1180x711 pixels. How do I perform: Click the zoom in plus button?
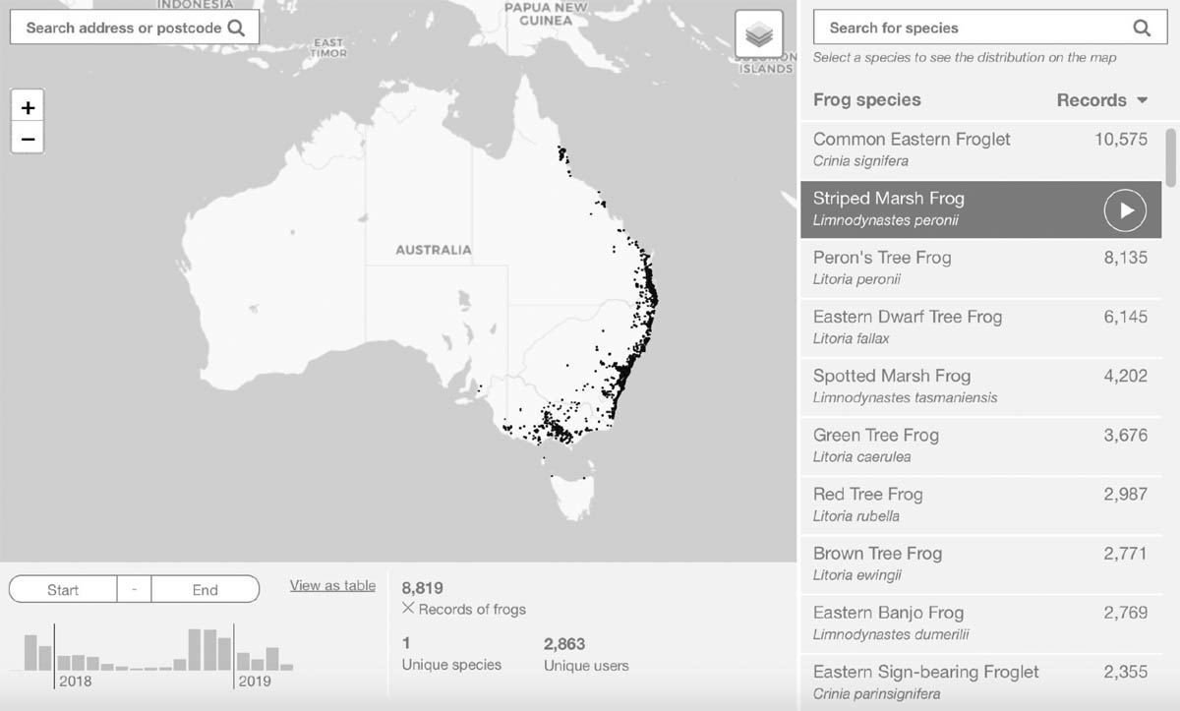pos(28,107)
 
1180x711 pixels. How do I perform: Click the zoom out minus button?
pos(28,139)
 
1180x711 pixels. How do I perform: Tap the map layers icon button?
pos(758,35)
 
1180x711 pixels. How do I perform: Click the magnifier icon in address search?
pos(236,28)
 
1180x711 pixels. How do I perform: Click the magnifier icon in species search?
pos(1142,28)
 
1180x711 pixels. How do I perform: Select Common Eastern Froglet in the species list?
pos(912,140)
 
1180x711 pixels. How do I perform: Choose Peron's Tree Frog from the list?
pos(882,258)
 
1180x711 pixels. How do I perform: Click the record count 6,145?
pos(1125,317)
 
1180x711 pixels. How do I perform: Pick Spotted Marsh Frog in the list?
pos(892,376)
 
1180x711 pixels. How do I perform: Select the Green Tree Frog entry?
pos(875,435)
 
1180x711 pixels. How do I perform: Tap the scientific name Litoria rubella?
pos(855,516)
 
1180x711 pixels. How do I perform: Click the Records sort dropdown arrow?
pos(1142,100)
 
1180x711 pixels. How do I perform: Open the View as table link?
pos(332,585)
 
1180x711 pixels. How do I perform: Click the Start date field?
pos(63,589)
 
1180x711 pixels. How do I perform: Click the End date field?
pos(205,589)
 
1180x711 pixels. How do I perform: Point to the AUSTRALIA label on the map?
pos(433,250)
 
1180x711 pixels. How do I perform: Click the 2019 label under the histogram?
pos(254,681)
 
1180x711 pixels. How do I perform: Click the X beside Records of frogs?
pos(408,609)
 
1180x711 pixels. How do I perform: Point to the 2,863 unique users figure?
pos(564,644)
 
